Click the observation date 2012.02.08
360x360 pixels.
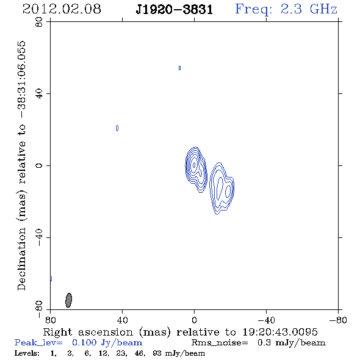[62, 9]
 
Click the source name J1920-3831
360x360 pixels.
[175, 10]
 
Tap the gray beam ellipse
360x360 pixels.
[69, 300]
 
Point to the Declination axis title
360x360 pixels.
[21, 166]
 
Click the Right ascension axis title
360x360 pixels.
[180, 332]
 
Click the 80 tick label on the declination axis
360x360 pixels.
[39, 22]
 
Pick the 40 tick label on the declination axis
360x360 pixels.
[39, 94]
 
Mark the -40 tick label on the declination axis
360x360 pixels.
[39, 237]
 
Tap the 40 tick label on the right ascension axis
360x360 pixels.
[122, 320]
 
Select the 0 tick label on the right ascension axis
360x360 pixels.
[194, 320]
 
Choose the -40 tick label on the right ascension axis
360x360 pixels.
[266, 320]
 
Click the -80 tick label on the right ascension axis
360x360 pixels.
[338, 320]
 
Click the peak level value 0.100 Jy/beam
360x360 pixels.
[107, 343]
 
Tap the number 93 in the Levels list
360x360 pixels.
[157, 353]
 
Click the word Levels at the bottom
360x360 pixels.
[27, 353]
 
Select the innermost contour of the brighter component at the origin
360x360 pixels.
[194, 165]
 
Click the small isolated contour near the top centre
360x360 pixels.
[179, 68]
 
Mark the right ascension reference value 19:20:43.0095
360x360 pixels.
[280, 332]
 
